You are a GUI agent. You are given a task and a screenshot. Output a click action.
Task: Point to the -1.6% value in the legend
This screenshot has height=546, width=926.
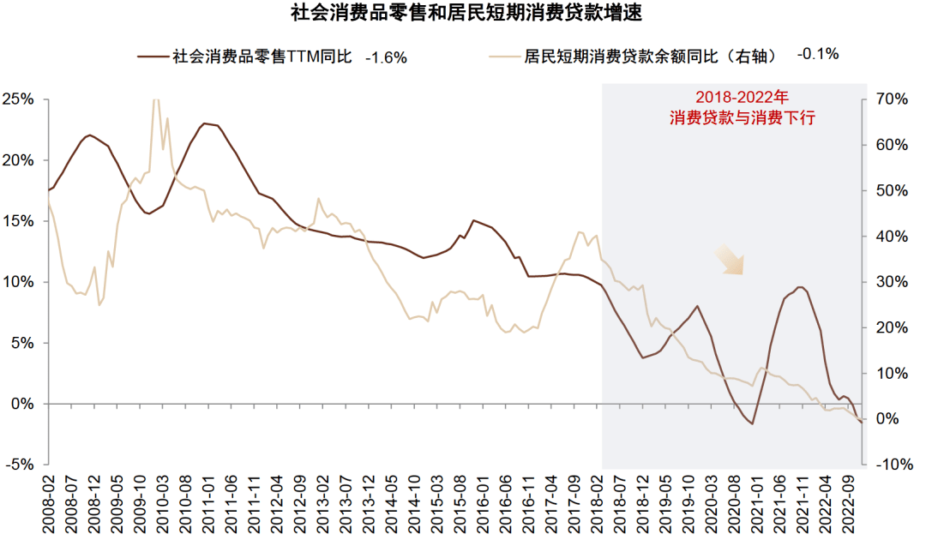pyautogui.click(x=386, y=57)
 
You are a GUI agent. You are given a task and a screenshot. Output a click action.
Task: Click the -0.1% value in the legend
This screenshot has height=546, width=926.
pyautogui.click(x=817, y=54)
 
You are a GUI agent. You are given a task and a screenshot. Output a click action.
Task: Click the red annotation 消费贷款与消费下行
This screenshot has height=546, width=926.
pyautogui.click(x=742, y=119)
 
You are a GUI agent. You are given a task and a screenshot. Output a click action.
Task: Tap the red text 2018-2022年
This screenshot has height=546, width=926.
pyautogui.click(x=742, y=97)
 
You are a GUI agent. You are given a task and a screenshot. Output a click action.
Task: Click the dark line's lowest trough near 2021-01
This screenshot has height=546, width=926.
pyautogui.click(x=752, y=423)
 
